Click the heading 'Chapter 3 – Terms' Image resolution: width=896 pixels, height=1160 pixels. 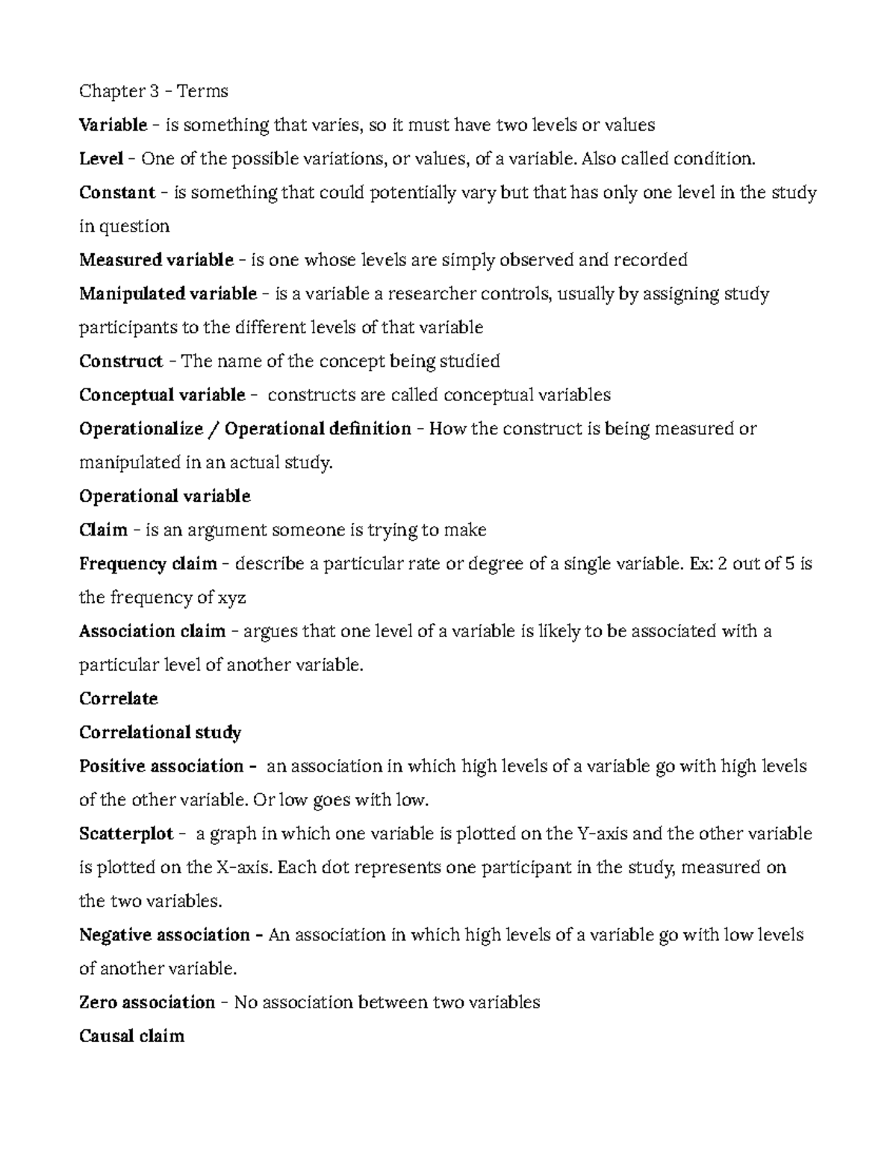tap(153, 91)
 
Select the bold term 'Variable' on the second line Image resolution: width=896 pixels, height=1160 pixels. tap(113, 125)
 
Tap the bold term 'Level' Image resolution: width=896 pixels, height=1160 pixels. tap(101, 158)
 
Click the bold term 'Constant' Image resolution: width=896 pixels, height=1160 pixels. tap(116, 193)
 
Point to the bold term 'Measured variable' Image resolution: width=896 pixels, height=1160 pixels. tap(156, 260)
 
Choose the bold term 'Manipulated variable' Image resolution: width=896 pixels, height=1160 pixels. tap(167, 294)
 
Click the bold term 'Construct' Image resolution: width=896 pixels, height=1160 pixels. tap(120, 362)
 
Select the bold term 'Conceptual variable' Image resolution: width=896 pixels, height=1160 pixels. tap(162, 395)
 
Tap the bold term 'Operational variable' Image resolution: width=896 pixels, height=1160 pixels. tap(164, 496)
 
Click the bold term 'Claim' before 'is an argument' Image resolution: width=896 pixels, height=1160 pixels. tap(103, 530)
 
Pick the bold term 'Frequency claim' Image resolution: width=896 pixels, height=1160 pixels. tap(148, 564)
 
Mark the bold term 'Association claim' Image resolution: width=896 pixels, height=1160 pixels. tap(152, 631)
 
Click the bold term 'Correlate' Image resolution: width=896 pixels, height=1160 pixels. tap(118, 699)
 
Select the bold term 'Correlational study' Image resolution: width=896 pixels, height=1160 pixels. tap(160, 733)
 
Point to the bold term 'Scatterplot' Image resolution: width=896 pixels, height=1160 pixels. tap(125, 834)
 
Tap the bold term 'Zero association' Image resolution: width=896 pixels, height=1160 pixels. tap(146, 1002)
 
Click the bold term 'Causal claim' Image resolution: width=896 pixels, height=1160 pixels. tap(131, 1036)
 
